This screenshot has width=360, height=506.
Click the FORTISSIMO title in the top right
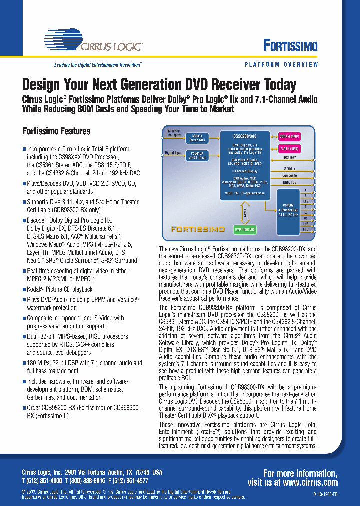[290, 46]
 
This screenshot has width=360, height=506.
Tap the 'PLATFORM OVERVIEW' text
[281, 65]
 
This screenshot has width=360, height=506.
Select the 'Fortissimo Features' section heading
[56, 131]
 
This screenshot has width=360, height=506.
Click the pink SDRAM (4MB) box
[289, 135]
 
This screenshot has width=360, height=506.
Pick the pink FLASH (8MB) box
[289, 148]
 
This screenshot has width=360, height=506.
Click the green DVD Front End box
[244, 229]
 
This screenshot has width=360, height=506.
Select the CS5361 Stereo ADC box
[197, 138]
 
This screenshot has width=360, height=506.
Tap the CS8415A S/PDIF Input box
[197, 156]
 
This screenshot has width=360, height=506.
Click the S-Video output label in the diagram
[289, 169]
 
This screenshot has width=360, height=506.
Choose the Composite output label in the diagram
[289, 175]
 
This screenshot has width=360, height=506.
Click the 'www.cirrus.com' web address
[309, 482]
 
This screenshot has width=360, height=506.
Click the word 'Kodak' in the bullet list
[35, 289]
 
